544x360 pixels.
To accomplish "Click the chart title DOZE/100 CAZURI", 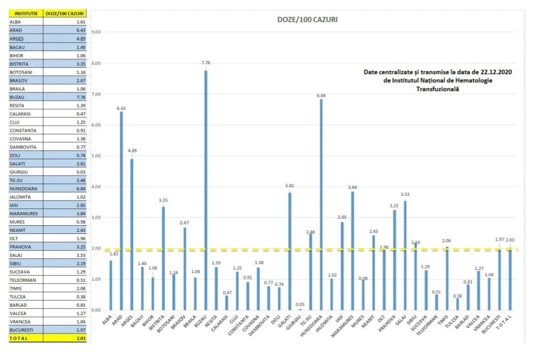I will tap(307, 20).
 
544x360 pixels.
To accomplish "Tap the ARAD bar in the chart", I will tap(121, 211).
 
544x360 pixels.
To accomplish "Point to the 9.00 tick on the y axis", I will tap(96, 32).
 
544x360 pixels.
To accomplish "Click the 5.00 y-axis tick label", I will tap(96, 156).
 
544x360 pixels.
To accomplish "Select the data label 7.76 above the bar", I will tap(206, 63).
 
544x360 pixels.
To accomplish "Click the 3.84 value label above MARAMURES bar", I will tap(352, 187).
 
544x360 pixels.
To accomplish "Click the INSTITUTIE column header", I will tap(26, 14).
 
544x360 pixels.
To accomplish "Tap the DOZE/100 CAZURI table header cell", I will tap(65, 14).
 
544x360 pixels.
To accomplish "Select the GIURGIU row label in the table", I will tap(19, 172).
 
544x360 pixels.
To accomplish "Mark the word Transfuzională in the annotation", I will tap(438, 88).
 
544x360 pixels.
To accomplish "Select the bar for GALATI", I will tap(290, 251).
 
